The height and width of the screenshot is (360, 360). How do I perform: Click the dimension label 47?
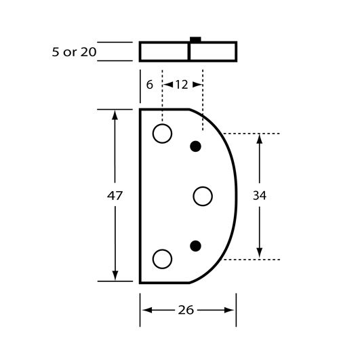point(115,196)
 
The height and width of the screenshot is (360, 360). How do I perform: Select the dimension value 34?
point(260,196)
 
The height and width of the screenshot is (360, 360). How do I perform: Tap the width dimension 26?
point(186,311)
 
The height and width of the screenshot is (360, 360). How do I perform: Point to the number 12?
point(182,85)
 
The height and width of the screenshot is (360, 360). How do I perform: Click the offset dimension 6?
point(150,85)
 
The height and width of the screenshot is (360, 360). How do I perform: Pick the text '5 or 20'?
point(74,52)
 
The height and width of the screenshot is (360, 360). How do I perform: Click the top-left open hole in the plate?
point(162,134)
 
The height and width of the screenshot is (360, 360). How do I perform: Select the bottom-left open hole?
point(162,259)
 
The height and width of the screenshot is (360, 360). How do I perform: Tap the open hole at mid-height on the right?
point(203,197)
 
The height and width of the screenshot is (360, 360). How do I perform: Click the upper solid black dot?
point(196,146)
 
